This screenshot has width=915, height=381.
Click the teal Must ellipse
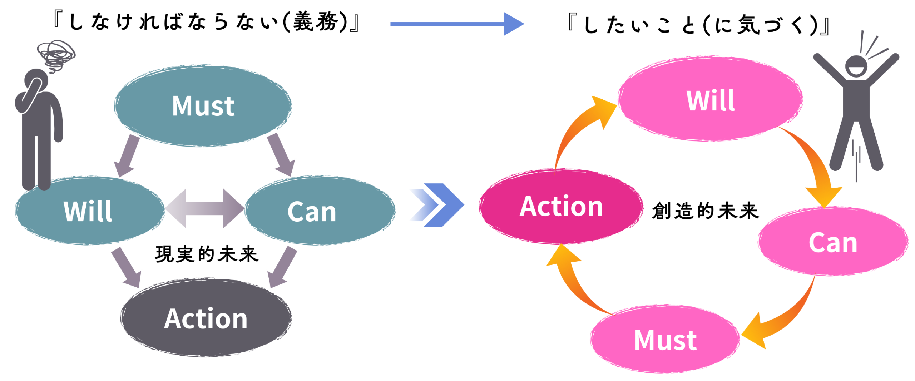coord(203,106)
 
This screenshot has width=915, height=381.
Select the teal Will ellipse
coord(89,211)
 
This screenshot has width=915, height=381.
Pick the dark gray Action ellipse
coord(206,318)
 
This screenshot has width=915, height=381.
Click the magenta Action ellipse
coord(560,207)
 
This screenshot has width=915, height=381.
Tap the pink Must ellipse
coord(665,340)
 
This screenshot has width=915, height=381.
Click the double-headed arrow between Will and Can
coord(204,208)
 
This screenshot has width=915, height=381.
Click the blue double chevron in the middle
coord(438,205)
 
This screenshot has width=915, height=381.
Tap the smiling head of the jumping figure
coord(856,66)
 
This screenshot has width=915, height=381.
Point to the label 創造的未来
coord(705,211)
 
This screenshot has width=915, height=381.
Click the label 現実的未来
coord(207,254)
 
